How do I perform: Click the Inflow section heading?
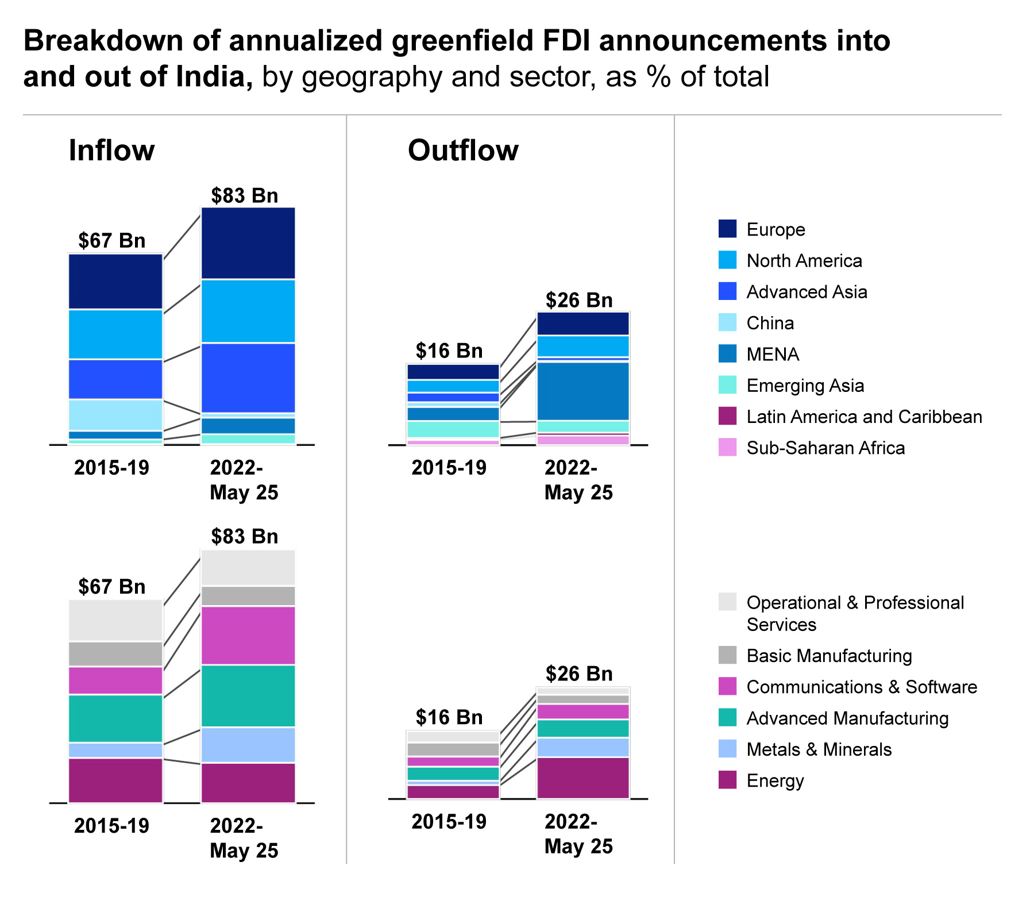tap(111, 151)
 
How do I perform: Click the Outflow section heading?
tap(463, 151)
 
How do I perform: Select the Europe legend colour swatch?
tap(727, 229)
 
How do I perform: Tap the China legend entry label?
tap(770, 323)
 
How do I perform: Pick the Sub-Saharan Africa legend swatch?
tap(727, 447)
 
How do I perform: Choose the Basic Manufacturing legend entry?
tap(829, 656)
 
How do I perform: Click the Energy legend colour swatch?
tap(727, 780)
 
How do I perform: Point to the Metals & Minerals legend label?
tap(819, 749)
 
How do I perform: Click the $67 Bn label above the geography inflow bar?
tap(112, 240)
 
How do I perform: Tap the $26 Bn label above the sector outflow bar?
tap(579, 674)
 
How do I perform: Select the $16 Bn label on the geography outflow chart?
tap(449, 351)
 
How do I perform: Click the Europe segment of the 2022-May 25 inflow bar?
tap(248, 243)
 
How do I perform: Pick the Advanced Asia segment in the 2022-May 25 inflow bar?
tap(248, 378)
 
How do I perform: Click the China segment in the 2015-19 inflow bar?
tap(115, 415)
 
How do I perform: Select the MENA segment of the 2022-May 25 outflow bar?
tap(583, 391)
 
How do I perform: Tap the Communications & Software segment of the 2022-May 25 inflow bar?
tap(248, 636)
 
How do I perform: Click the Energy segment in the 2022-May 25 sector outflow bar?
tap(583, 778)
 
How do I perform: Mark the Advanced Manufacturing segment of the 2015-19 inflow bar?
tap(115, 718)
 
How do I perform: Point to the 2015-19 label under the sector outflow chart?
tap(449, 822)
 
